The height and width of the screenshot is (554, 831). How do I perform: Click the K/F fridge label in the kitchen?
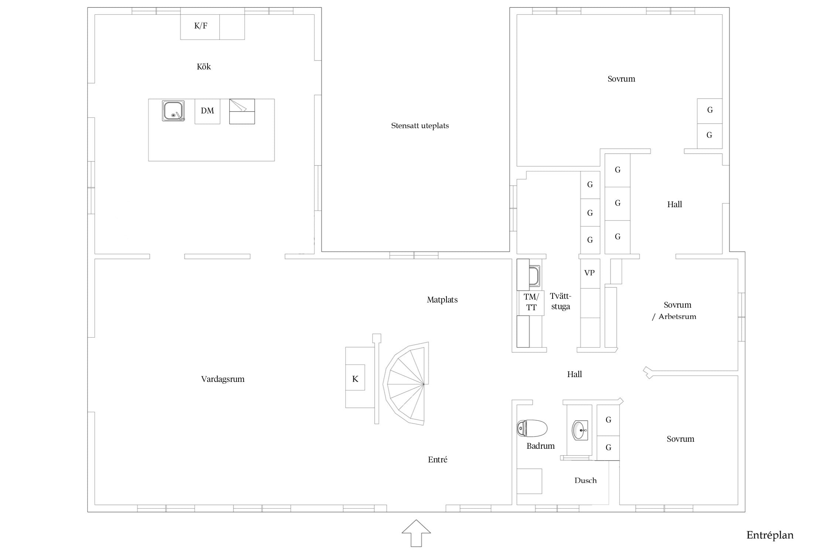[201, 25]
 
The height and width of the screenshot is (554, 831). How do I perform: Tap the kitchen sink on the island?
[173, 111]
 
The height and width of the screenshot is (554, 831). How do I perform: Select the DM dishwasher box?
[207, 111]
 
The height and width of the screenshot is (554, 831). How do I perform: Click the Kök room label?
[204, 66]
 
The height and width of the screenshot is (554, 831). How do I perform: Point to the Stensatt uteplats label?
[420, 126]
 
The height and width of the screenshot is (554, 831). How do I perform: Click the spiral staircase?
[406, 383]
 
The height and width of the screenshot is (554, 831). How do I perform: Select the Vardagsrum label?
[223, 379]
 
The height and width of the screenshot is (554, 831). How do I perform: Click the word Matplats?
[442, 300]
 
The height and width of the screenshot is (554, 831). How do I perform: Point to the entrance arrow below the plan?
[416, 533]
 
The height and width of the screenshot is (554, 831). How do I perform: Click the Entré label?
[438, 459]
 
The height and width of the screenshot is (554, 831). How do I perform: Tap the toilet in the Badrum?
[532, 428]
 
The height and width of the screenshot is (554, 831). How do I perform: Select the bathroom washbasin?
[580, 430]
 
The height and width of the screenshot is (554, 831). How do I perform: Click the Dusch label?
[585, 481]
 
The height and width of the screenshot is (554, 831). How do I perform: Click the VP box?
[589, 273]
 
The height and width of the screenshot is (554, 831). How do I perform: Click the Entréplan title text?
[770, 536]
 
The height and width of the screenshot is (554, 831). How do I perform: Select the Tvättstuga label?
[561, 301]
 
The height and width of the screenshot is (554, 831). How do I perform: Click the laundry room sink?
[534, 276]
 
